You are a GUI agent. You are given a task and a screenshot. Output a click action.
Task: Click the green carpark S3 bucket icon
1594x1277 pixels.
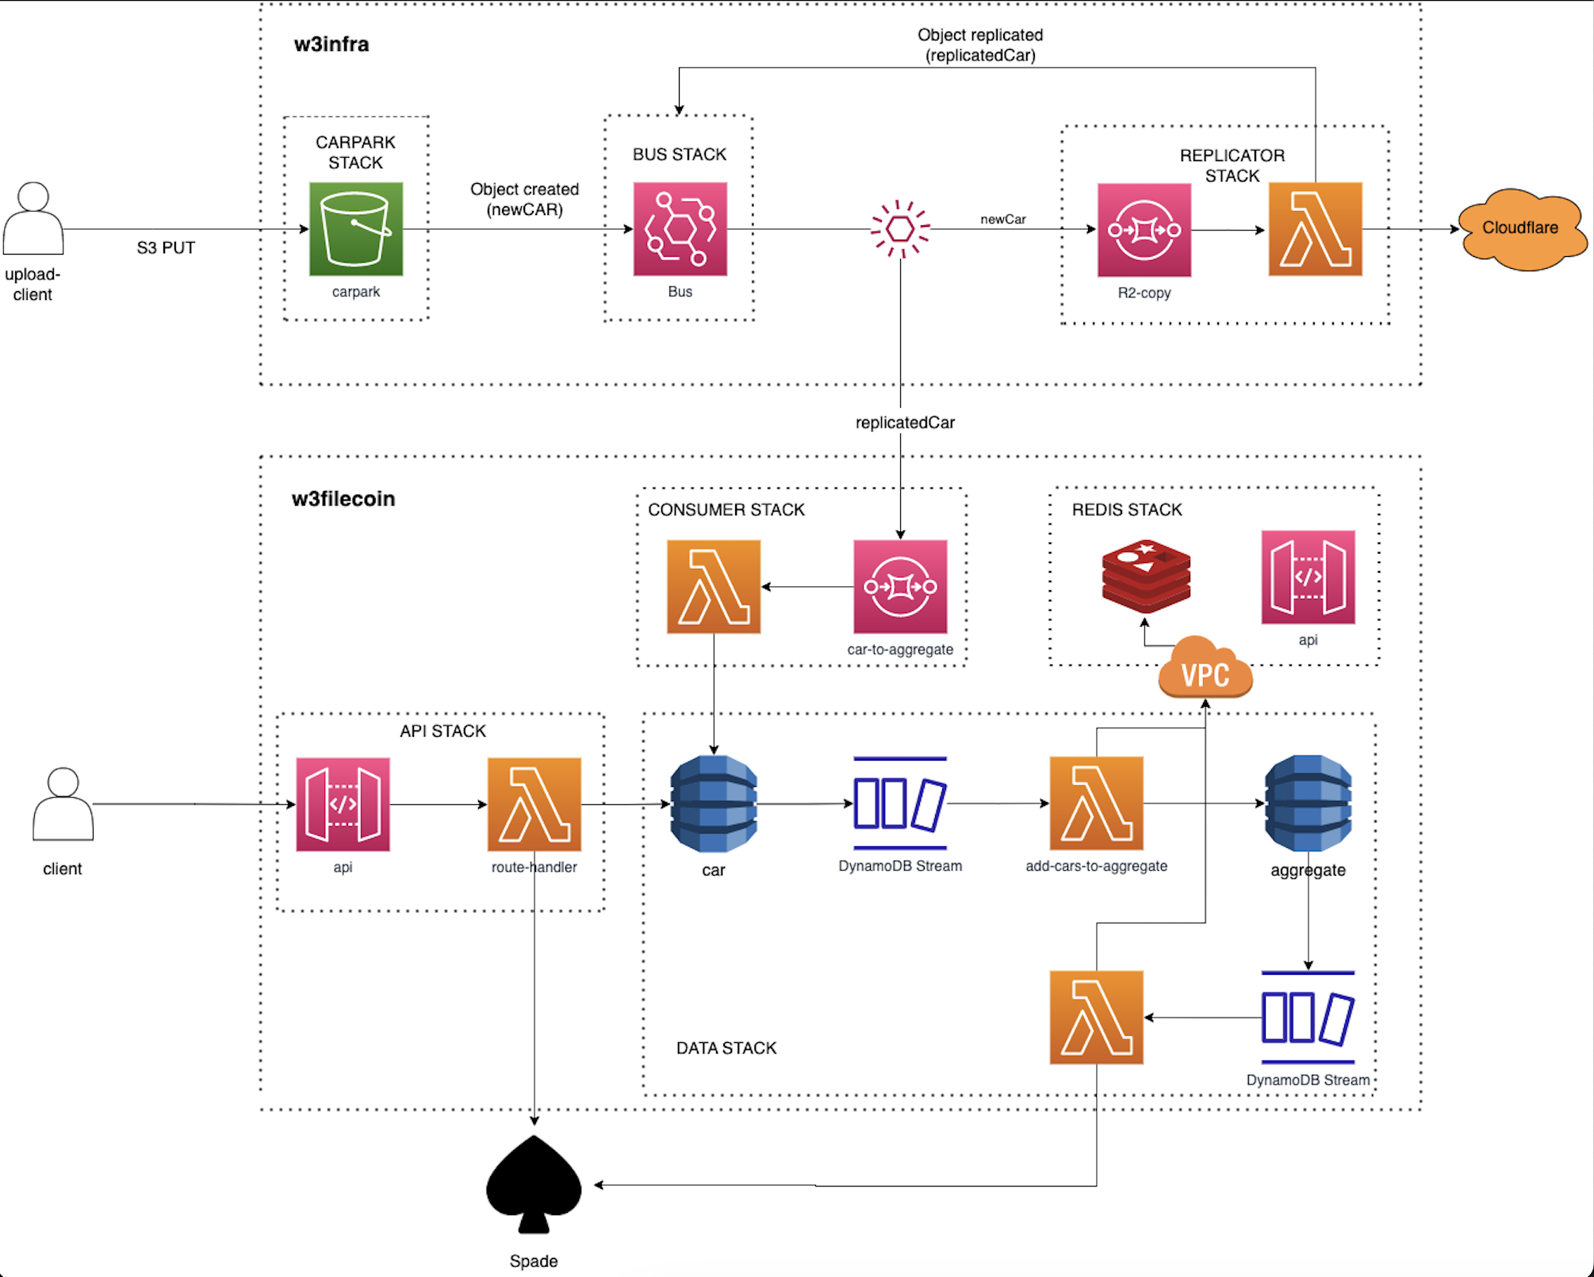point(356,229)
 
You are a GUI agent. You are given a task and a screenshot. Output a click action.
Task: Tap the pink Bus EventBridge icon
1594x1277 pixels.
point(680,229)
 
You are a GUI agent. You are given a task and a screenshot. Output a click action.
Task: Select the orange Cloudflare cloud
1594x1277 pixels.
point(1520,228)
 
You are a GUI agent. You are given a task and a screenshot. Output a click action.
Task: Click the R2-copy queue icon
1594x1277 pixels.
point(1144,230)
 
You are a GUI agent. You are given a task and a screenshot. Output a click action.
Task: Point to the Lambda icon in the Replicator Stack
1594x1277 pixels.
point(1315,229)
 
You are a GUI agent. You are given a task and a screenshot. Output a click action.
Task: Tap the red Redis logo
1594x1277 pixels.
point(1146,576)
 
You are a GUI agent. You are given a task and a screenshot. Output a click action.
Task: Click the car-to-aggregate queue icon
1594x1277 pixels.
point(900,587)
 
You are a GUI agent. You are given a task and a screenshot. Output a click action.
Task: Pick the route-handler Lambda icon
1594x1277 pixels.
point(534,804)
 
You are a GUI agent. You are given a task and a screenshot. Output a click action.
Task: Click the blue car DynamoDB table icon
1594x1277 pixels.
point(714,803)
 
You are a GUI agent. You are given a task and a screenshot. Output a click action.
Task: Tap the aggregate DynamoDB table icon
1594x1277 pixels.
point(1308,803)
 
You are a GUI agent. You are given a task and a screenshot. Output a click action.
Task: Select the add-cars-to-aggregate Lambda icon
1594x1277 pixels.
point(1096,803)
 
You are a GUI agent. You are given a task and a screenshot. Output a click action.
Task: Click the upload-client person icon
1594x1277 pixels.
point(33,218)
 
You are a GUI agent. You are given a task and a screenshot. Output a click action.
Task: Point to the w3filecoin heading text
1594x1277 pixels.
point(343,499)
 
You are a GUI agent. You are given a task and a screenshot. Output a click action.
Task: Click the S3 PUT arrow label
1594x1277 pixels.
point(166,248)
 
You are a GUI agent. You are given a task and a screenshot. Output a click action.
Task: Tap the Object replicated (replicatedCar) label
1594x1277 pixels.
point(980,45)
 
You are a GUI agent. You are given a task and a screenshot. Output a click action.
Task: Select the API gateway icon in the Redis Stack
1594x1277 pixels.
point(1308,577)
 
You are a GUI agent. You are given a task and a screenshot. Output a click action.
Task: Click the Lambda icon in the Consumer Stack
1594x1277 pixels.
point(714,587)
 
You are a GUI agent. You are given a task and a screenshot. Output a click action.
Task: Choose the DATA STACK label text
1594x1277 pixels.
point(726,1049)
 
